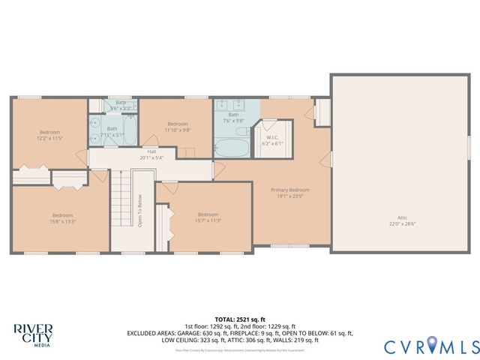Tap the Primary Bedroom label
click(x=289, y=190)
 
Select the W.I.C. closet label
click(x=272, y=137)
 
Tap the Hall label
click(x=151, y=151)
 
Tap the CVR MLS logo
click(x=431, y=346)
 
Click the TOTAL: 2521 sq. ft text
click(x=240, y=319)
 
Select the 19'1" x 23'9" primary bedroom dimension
click(x=289, y=196)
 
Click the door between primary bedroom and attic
click(x=331, y=158)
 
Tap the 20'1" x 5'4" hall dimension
click(x=151, y=157)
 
